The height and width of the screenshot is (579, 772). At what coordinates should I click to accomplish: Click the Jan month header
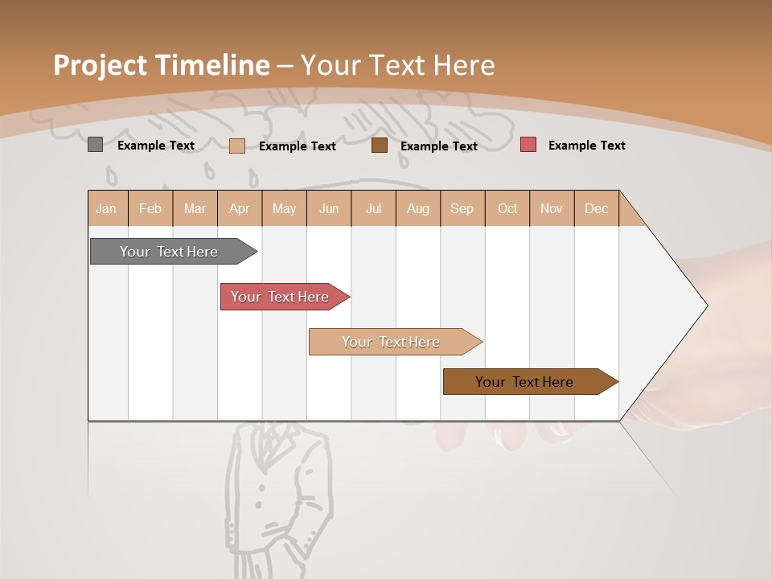[x=106, y=208]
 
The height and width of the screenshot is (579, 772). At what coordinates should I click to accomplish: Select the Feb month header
[x=150, y=208]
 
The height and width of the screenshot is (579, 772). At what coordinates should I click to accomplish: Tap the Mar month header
[x=195, y=208]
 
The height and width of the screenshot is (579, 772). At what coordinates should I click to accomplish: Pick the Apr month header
[x=240, y=208]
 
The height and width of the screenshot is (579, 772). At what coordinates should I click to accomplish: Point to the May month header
[x=284, y=208]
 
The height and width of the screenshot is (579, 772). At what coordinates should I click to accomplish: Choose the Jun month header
[x=329, y=208]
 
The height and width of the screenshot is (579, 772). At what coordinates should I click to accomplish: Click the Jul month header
[x=373, y=208]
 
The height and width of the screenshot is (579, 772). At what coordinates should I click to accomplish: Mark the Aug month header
[x=418, y=208]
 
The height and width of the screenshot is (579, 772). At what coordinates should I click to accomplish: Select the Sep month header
[x=462, y=208]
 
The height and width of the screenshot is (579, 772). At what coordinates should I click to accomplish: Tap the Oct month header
[x=507, y=208]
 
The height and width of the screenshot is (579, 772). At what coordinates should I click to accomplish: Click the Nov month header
[x=552, y=208]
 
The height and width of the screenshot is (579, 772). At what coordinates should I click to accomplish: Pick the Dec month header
[x=597, y=208]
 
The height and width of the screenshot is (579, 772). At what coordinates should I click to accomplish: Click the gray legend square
[x=95, y=145]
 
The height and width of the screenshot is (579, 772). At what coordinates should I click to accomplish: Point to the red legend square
[x=528, y=145]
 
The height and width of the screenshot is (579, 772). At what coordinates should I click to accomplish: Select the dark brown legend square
[x=380, y=146]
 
